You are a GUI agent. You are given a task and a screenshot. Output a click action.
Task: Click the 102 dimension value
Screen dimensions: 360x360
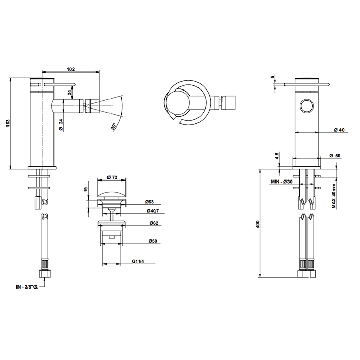coord(71,69)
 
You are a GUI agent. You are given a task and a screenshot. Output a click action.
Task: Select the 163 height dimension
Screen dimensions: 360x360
coord(8,123)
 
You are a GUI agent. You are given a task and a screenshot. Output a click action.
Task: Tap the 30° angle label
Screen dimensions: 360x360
coord(114,127)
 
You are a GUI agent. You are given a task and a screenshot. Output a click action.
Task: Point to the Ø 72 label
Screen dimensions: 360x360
coord(112,177)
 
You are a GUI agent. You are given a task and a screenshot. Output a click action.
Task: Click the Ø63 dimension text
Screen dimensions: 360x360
coord(149,202)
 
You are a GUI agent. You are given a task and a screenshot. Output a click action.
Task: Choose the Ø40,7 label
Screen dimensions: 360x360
coord(153,211)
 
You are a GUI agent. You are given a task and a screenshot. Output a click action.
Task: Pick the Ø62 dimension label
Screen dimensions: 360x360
coord(154,223)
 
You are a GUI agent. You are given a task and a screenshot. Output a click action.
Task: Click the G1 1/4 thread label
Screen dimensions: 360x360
coord(138,261)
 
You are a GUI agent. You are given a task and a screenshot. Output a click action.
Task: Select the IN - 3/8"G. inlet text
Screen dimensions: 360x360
coord(27,287)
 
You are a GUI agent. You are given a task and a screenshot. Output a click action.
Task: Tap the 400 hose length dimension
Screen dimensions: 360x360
coord(257,224)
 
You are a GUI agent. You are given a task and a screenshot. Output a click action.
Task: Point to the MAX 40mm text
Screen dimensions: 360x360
coord(334,196)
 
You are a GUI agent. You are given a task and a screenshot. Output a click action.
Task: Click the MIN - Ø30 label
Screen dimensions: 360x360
coord(281,182)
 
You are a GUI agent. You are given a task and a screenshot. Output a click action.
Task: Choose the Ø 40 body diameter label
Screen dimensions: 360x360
coord(339,130)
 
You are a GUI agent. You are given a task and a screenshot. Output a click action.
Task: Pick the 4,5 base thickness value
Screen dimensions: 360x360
coord(277,156)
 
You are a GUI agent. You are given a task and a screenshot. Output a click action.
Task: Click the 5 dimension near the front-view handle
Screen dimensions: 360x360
coord(273,77)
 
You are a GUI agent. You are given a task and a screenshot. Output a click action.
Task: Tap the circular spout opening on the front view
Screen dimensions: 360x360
coord(307,106)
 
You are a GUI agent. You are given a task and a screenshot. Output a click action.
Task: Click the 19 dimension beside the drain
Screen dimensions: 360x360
coord(86,189)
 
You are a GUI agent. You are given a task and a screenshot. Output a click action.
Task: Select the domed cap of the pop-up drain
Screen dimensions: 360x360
coord(112,195)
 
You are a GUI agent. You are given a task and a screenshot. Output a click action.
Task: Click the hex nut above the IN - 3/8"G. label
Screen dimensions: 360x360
coord(45,274)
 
